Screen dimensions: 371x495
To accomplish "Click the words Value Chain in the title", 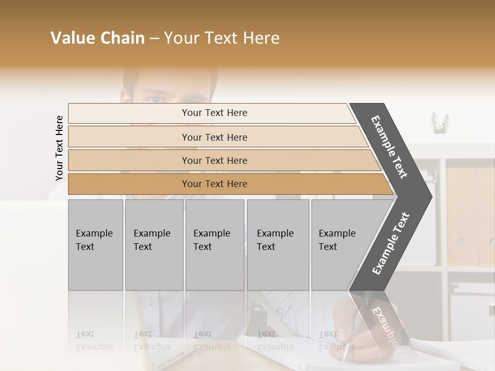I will [x=97, y=38].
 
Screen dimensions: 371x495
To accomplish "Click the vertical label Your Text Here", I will [x=59, y=148].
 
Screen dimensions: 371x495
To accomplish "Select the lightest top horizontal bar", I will [x=211, y=113].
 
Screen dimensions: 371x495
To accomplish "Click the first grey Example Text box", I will [x=95, y=244].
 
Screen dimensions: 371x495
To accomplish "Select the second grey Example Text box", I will [x=154, y=244].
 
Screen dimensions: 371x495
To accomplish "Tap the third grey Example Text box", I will [x=214, y=244].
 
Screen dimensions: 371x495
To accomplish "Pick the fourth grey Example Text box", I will [x=277, y=244].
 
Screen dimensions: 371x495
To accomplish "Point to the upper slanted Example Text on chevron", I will [x=390, y=147].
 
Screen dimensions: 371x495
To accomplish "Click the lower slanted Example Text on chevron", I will [x=391, y=243].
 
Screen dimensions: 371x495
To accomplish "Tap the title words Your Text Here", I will [x=221, y=38].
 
